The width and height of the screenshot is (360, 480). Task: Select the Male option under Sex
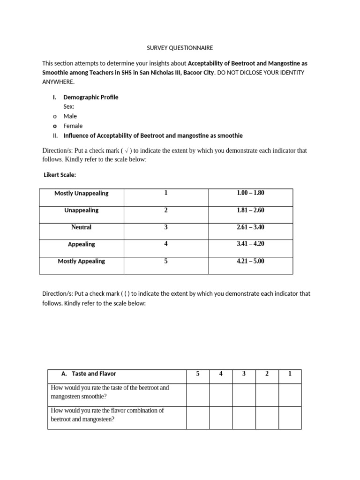coord(70,116)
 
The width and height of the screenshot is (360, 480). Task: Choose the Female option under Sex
coord(73,126)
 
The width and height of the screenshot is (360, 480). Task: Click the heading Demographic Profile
coord(91,97)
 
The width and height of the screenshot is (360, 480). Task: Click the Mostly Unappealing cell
coord(82,193)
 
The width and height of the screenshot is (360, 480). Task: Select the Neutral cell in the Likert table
coord(82,227)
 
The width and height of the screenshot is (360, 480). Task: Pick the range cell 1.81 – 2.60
coord(250,210)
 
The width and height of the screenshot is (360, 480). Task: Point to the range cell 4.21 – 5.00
coord(250,261)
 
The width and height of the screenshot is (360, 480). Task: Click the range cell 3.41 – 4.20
coord(250,244)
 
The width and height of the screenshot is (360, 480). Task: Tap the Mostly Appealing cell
coord(82,261)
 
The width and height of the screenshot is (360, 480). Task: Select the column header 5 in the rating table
coord(198,374)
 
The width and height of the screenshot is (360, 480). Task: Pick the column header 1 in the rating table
coord(290,374)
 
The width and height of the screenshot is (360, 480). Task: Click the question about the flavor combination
coord(107,415)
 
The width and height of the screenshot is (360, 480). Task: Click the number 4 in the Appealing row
coord(166,244)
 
